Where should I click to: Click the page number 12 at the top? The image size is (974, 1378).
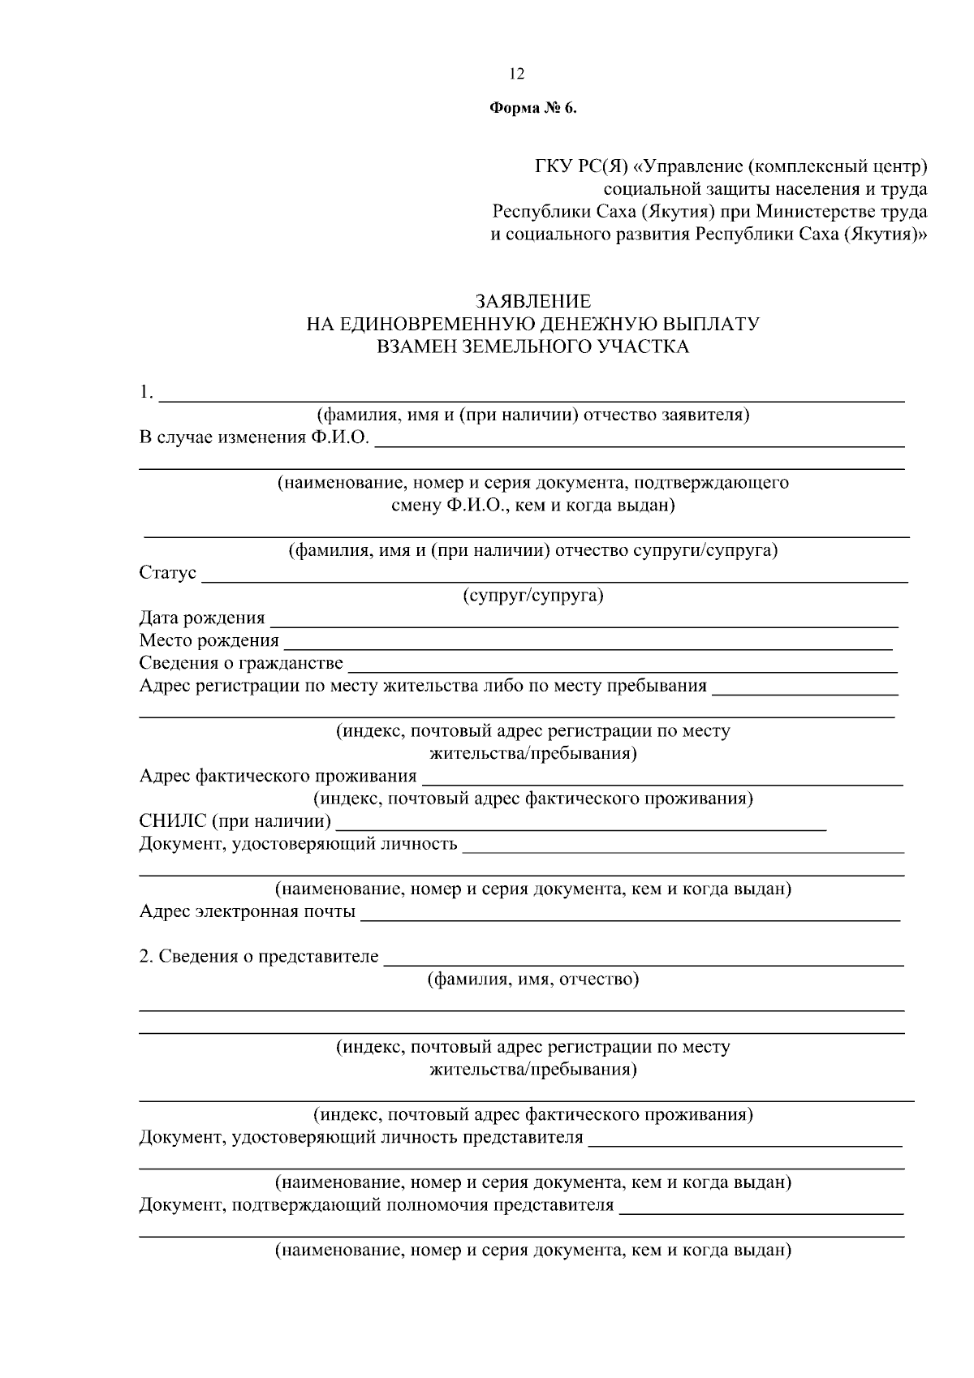(x=517, y=75)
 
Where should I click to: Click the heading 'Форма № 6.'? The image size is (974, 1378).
(x=532, y=110)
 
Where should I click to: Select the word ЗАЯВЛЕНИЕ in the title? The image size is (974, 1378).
(x=532, y=302)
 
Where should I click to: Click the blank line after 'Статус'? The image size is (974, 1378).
(x=554, y=578)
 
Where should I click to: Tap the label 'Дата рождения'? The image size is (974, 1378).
(x=202, y=618)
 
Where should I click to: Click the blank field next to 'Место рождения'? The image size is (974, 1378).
(x=586, y=645)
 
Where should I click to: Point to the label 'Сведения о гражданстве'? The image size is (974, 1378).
(x=241, y=664)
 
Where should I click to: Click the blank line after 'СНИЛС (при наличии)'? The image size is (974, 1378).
(x=580, y=826)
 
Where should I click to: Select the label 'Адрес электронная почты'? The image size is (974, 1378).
(x=248, y=912)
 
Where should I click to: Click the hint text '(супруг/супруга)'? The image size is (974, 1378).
(x=533, y=596)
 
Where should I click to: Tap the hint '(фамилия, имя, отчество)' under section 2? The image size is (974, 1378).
(x=533, y=980)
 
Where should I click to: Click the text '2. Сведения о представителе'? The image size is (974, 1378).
(x=259, y=957)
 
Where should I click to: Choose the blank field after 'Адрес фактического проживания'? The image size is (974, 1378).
(x=662, y=781)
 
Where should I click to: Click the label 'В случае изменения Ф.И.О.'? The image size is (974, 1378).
(x=254, y=438)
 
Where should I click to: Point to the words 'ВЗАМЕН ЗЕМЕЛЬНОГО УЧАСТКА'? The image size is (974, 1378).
(x=532, y=347)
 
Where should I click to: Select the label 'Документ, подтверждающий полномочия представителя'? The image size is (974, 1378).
(x=377, y=1205)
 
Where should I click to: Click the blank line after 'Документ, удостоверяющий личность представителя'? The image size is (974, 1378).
(x=745, y=1142)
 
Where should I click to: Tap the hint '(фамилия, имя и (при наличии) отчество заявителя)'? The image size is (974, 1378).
(x=533, y=416)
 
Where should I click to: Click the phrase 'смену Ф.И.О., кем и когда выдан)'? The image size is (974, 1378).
(x=533, y=506)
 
